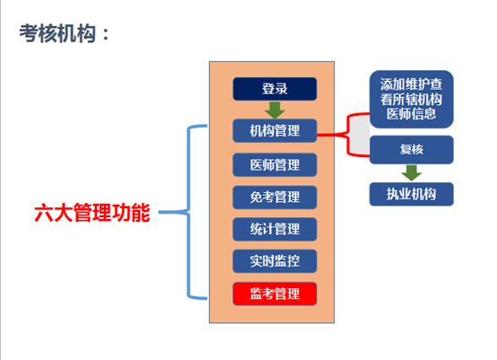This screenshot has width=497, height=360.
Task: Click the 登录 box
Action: tap(275, 89)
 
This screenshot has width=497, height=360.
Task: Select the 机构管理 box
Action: tap(275, 131)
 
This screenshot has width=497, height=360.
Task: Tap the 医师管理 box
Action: tap(275, 165)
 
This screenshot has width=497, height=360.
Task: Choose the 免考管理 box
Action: tap(275, 197)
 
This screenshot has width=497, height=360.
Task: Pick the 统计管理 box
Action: tap(275, 229)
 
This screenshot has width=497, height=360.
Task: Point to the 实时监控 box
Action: tap(275, 261)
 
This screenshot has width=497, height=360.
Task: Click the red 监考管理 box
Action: tap(275, 294)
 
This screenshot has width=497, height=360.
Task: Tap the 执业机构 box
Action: tap(412, 192)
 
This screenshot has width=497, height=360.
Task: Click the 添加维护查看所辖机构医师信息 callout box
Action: tap(412, 100)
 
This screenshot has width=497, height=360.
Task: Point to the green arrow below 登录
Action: tap(275, 110)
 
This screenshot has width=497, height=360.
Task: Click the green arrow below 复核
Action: tap(412, 171)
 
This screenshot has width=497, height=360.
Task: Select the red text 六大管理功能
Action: tap(92, 215)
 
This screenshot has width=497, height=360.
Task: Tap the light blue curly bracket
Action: tap(192, 214)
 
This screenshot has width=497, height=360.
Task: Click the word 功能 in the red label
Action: tap(131, 215)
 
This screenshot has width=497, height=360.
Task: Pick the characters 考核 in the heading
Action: tap(41, 33)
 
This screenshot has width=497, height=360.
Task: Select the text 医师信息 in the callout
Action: tap(412, 114)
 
